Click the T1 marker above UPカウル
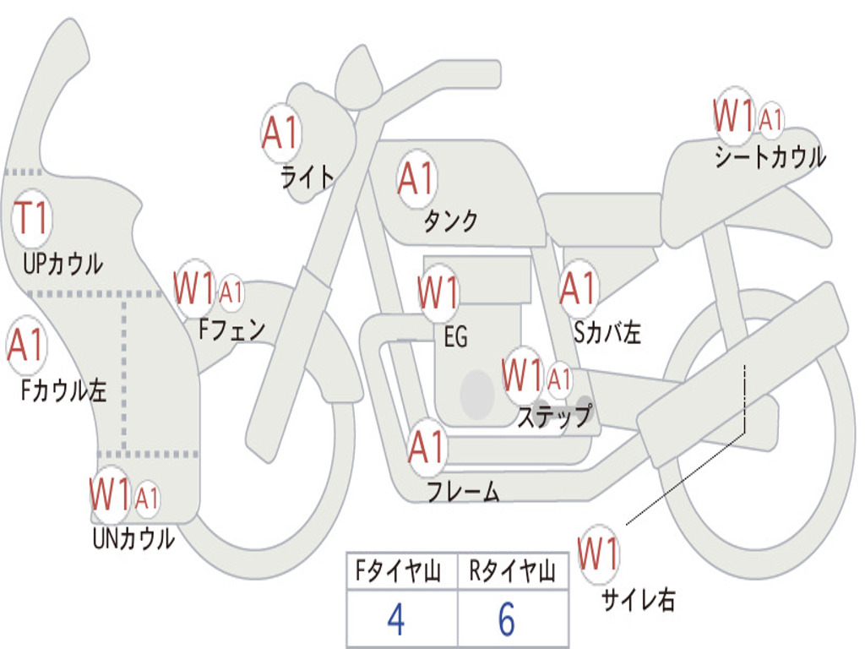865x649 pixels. pyautogui.click(x=31, y=217)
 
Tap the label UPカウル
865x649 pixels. pyautogui.click(x=63, y=264)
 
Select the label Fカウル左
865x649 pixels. pyautogui.click(x=63, y=390)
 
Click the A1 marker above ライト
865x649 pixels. pyautogui.click(x=280, y=133)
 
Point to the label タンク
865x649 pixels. pyautogui.click(x=451, y=221)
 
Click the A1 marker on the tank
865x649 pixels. pyautogui.click(x=416, y=178)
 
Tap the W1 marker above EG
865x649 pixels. pyautogui.click(x=438, y=292)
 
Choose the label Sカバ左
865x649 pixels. pyautogui.click(x=607, y=332)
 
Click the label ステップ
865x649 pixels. pyautogui.click(x=554, y=416)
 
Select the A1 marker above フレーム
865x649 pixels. pyautogui.click(x=427, y=446)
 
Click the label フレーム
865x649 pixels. pyautogui.click(x=464, y=491)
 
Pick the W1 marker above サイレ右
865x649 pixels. pyautogui.click(x=598, y=554)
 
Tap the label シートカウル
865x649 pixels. pyautogui.click(x=770, y=156)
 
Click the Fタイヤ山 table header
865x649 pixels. pyautogui.click(x=398, y=570)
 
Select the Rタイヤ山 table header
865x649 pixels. pyautogui.click(x=512, y=570)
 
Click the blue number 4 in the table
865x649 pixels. pyautogui.click(x=395, y=619)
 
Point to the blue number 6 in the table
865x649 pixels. pyautogui.click(x=507, y=619)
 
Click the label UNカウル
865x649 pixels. pyautogui.click(x=133, y=538)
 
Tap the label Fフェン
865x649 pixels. pyautogui.click(x=231, y=330)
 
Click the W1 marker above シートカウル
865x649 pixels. pyautogui.click(x=734, y=115)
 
